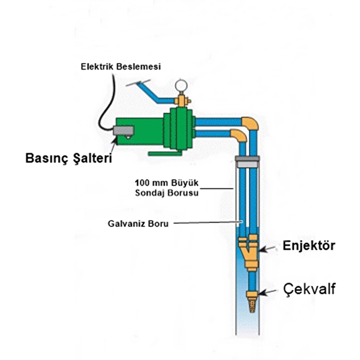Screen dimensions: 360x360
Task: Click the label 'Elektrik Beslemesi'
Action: coord(121,65)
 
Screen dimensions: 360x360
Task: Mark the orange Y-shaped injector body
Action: coord(250,251)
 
